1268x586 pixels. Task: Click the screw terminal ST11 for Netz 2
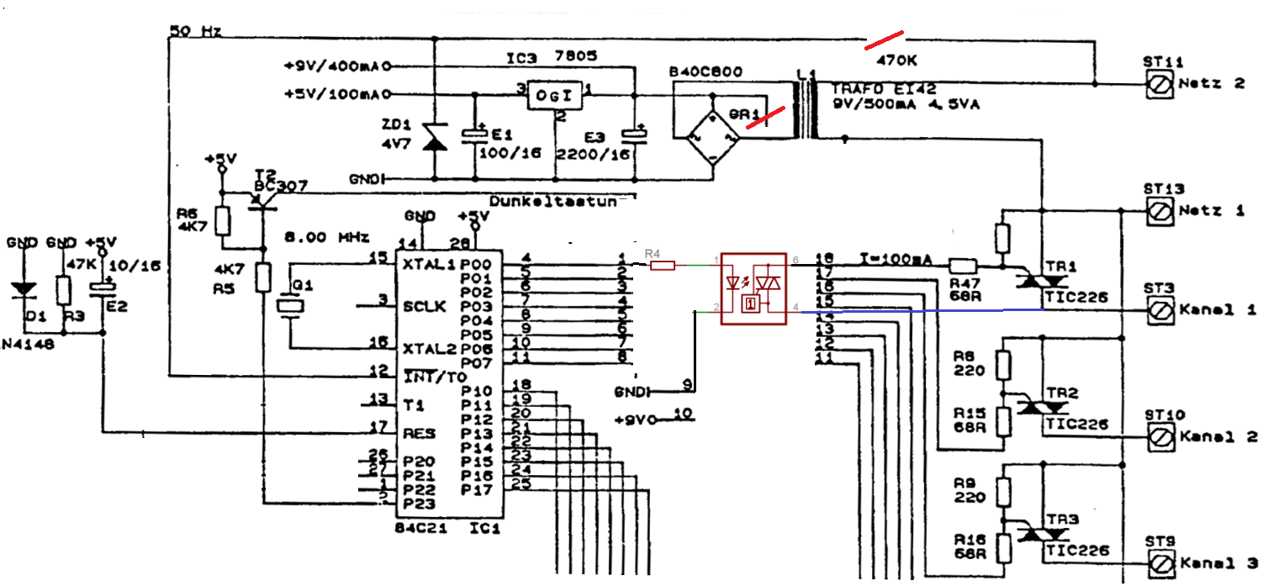(1161, 84)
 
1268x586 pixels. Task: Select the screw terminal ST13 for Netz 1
(1161, 209)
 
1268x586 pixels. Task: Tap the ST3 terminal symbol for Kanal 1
(1161, 310)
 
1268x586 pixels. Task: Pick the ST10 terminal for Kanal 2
(1161, 436)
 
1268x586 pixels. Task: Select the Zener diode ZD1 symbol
(434, 139)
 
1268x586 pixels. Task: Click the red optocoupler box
(753, 287)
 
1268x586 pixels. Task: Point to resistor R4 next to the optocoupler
(663, 266)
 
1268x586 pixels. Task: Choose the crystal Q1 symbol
(290, 307)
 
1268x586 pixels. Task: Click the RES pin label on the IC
(418, 434)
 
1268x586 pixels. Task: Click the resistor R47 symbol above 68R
(962, 263)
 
